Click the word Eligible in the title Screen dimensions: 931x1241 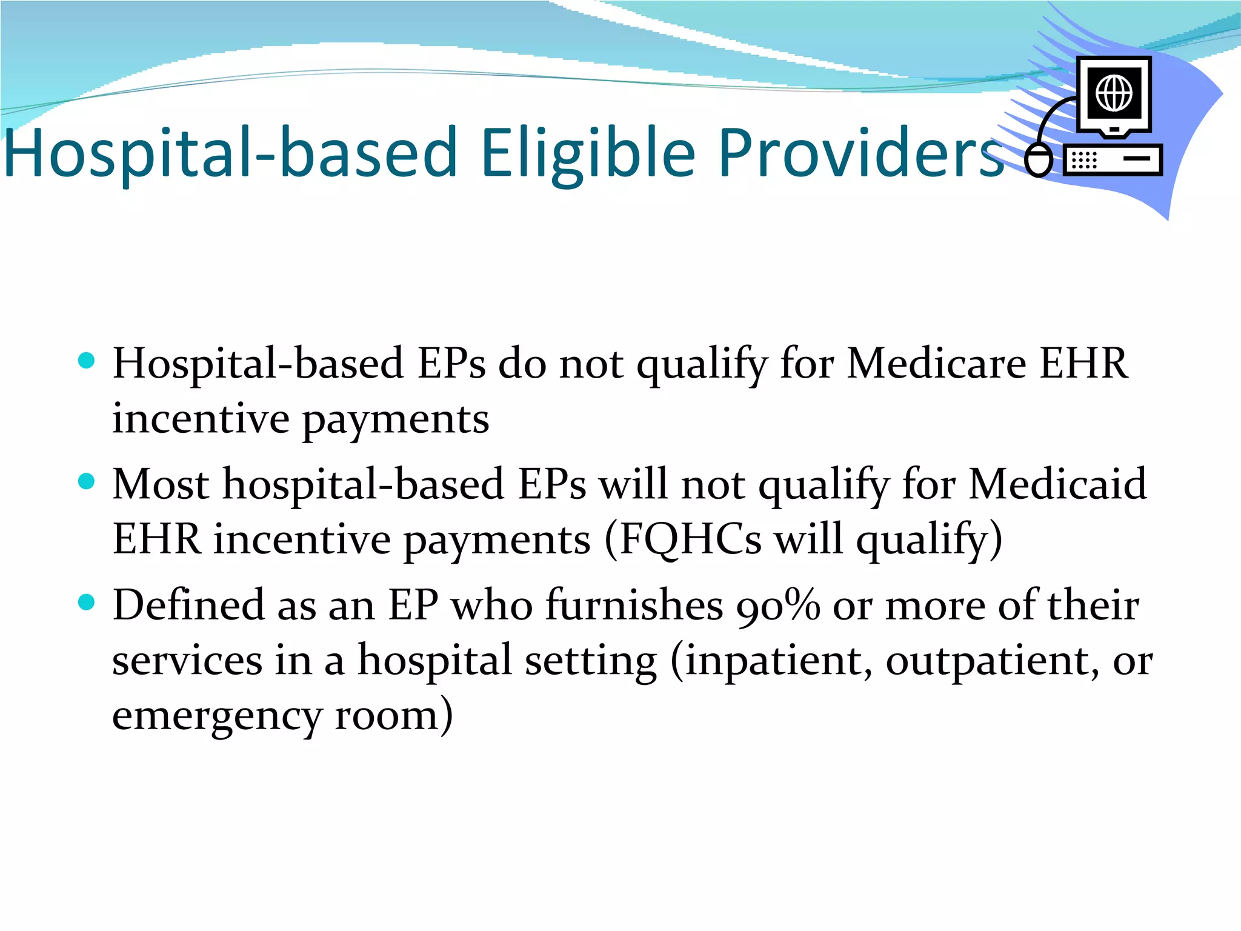[x=588, y=153]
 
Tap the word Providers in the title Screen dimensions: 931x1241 [x=860, y=153]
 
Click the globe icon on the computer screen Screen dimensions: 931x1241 [x=1114, y=93]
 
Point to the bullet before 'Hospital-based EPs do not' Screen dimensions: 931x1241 [x=87, y=361]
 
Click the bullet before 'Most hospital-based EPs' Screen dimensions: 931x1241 [x=87, y=481]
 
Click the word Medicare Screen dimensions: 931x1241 [x=936, y=364]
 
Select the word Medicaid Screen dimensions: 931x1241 [x=1057, y=485]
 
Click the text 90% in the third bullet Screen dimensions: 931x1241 [x=778, y=606]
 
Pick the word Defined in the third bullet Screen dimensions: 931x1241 [x=188, y=606]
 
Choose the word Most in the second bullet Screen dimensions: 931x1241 [x=161, y=485]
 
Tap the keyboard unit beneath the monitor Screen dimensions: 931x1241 [x=1113, y=160]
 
